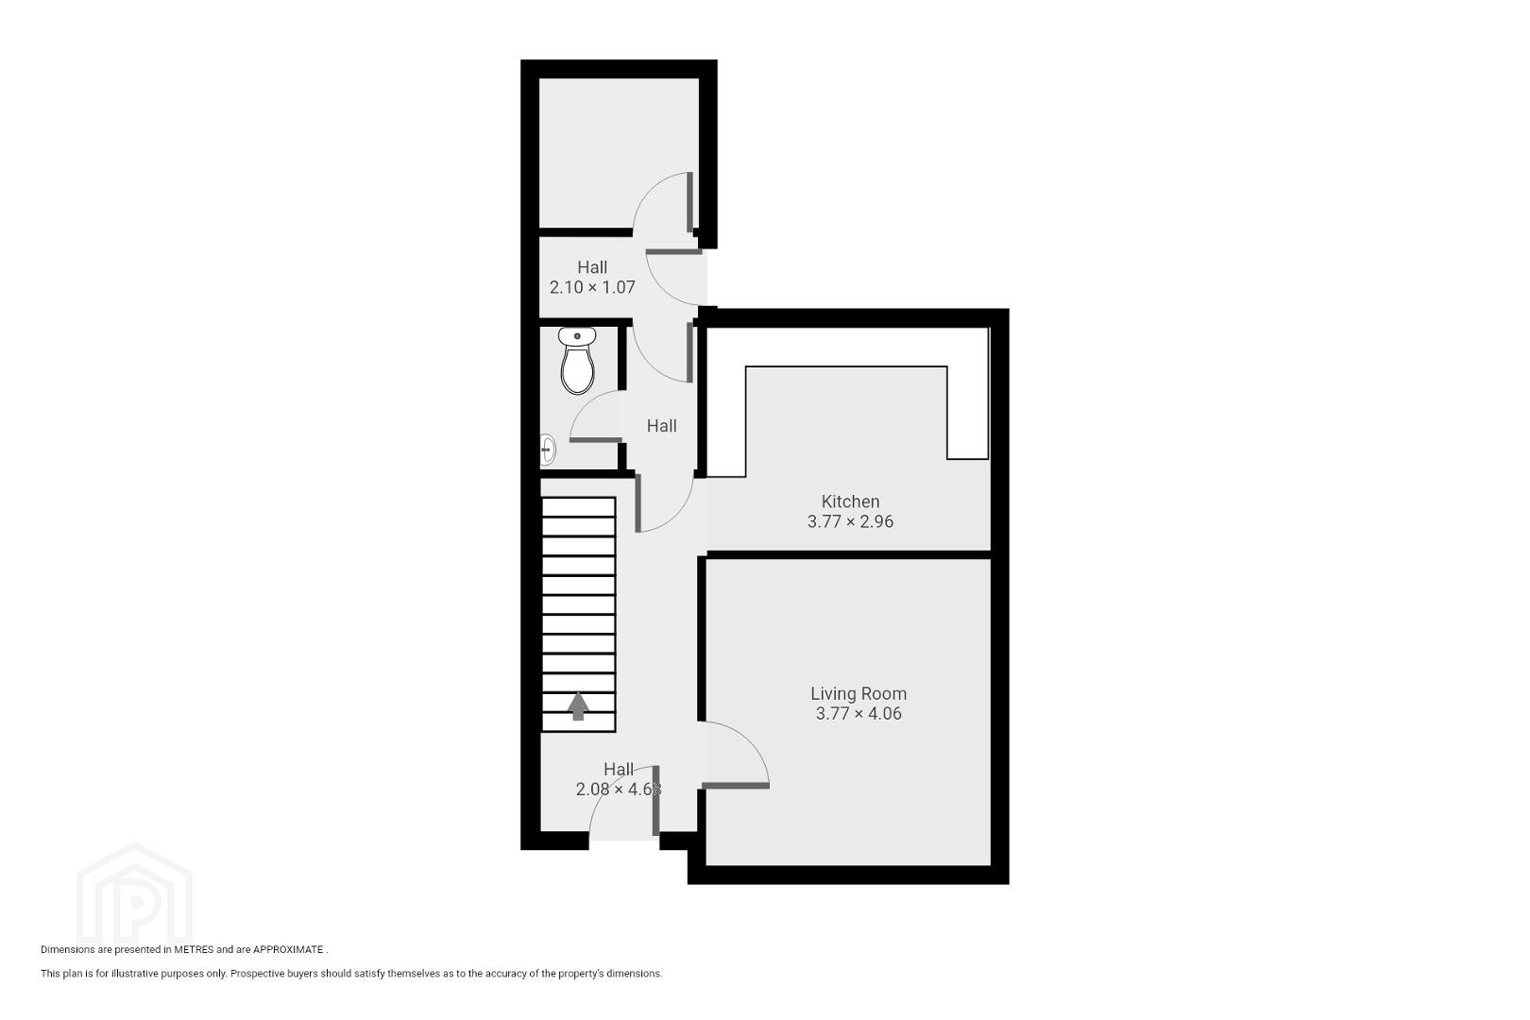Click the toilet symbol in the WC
(578, 361)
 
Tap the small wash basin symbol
(547, 450)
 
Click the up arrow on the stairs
(579, 705)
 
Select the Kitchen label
(850, 501)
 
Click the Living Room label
(858, 693)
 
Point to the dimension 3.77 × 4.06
(858, 714)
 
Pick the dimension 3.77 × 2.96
(850, 522)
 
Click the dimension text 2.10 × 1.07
(592, 288)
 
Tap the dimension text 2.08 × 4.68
(619, 790)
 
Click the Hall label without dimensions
(662, 426)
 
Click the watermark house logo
(134, 893)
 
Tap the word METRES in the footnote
(194, 949)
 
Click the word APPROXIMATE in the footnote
(288, 949)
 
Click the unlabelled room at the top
(619, 152)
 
